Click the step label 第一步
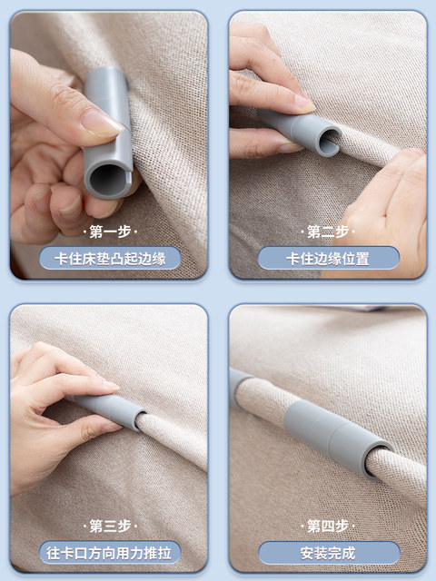(x=110, y=232)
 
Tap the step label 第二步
(x=328, y=232)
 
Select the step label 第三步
(x=110, y=527)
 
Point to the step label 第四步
(x=328, y=527)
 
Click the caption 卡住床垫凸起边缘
(x=110, y=259)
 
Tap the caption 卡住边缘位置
(x=328, y=259)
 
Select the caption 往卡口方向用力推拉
(x=109, y=553)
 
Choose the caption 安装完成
(x=328, y=553)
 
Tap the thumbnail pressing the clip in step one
(x=103, y=123)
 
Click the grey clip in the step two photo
(x=301, y=132)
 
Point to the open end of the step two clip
(x=329, y=142)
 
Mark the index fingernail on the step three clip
(x=110, y=385)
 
